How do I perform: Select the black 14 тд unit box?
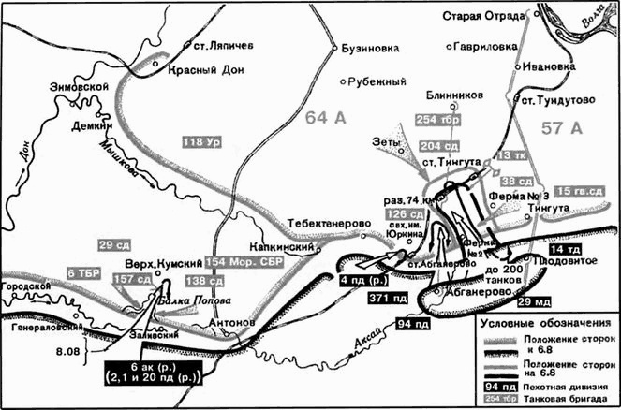[591, 249]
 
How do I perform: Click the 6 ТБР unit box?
[83, 271]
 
